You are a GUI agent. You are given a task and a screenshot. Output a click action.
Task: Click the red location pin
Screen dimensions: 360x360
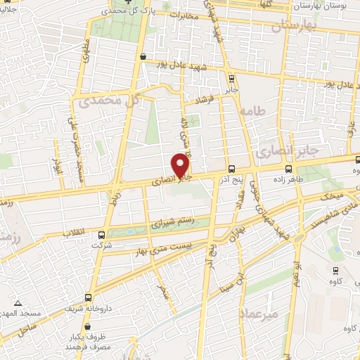(181, 165)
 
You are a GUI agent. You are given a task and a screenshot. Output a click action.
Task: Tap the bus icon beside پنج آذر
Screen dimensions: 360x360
(231, 169)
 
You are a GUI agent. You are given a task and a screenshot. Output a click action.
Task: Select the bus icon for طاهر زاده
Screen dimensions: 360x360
(288, 169)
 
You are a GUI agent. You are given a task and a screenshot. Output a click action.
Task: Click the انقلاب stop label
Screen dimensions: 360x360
(75, 231)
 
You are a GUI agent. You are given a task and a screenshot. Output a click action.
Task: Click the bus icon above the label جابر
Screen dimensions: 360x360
(231, 78)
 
